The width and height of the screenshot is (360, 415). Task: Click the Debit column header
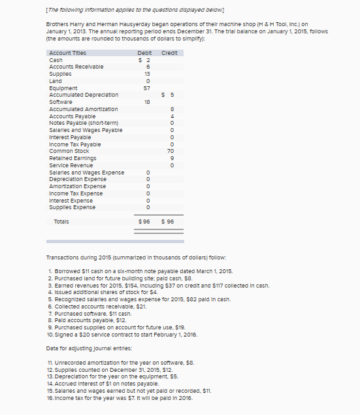145,52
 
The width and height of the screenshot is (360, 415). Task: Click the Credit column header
171,52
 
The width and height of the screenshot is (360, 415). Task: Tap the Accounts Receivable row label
76,66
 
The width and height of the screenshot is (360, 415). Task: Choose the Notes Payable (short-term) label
85,123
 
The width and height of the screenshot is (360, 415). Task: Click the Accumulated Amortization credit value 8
172,109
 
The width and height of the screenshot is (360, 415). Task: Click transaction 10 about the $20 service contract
123,335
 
